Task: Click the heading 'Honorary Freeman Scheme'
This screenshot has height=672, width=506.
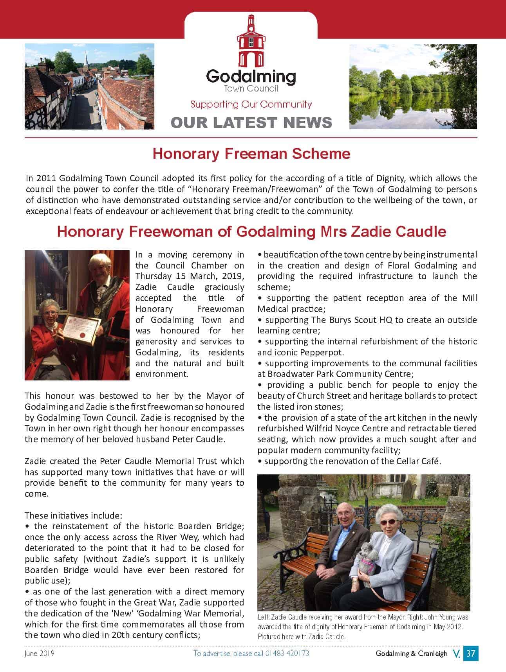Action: (x=251, y=153)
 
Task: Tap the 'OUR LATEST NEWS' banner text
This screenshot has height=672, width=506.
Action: (x=251, y=123)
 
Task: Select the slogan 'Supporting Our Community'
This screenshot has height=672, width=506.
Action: (x=251, y=104)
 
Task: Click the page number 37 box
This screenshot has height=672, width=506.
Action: (x=470, y=653)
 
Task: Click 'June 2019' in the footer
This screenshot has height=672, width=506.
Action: (x=39, y=653)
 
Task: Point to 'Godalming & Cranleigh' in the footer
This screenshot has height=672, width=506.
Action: (x=411, y=653)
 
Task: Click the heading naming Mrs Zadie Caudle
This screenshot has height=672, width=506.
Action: (x=251, y=231)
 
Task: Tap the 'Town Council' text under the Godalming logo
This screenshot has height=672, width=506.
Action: (x=251, y=88)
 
